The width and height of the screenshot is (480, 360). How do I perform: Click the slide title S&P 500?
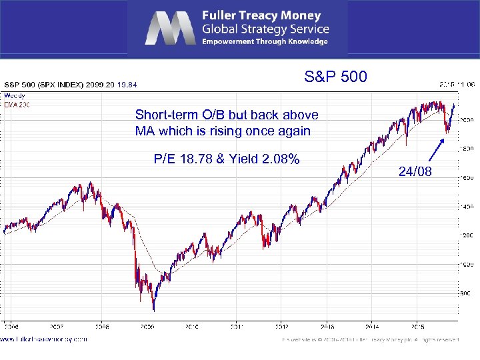click(335, 77)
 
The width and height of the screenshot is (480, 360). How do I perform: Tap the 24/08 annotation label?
click(415, 173)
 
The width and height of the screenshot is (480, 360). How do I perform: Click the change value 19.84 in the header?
click(127, 85)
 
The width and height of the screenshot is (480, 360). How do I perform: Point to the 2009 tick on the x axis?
click(147, 327)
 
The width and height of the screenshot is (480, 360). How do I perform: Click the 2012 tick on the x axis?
click(282, 327)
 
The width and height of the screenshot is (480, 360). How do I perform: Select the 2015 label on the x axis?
click(417, 327)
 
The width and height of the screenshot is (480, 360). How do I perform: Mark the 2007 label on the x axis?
click(56, 327)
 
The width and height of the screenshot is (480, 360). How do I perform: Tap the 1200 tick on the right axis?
click(467, 236)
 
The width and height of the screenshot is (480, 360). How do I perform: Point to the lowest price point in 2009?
click(153, 310)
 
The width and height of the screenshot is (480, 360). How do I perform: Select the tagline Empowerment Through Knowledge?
click(265, 41)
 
